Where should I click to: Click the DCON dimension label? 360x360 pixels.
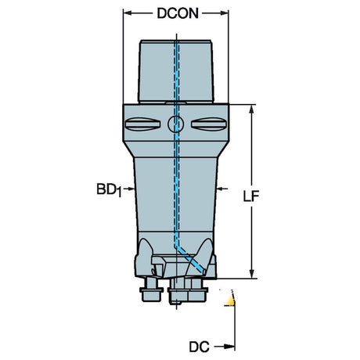[x=178, y=13]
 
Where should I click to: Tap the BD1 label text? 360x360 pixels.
[x=109, y=189]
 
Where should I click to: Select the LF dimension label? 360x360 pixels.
[x=251, y=196]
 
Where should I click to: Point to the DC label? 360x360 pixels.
[x=199, y=347]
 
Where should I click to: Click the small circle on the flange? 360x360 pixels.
[x=176, y=124]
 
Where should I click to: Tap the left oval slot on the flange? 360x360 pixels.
[x=142, y=124]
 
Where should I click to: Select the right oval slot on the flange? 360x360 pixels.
[x=209, y=124]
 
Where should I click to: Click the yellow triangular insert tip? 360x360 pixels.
[x=230, y=301]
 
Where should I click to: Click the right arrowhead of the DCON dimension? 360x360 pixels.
[x=223, y=13]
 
